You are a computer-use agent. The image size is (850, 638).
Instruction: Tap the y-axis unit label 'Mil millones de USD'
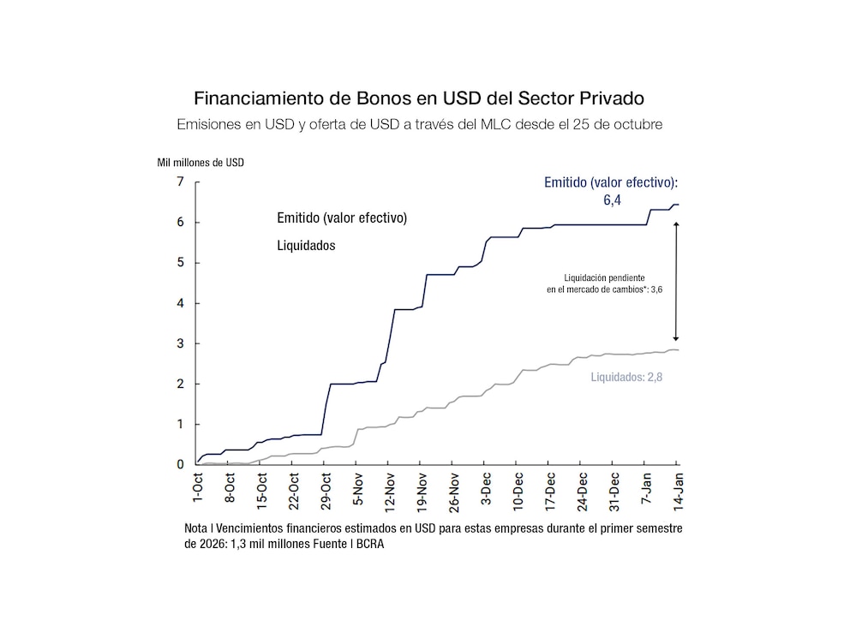tap(200, 162)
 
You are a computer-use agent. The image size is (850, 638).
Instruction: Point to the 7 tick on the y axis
tap(180, 182)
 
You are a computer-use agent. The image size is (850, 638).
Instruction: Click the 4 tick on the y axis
tap(180, 303)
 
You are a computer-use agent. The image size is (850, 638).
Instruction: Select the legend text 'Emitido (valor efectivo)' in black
tap(341, 218)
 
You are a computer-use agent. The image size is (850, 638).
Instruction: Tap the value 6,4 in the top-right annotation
tap(610, 200)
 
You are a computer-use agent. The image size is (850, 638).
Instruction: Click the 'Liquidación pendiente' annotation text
tap(599, 277)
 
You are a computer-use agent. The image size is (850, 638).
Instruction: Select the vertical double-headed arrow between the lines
tap(676, 282)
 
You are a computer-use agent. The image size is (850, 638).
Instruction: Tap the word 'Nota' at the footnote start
tap(196, 529)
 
